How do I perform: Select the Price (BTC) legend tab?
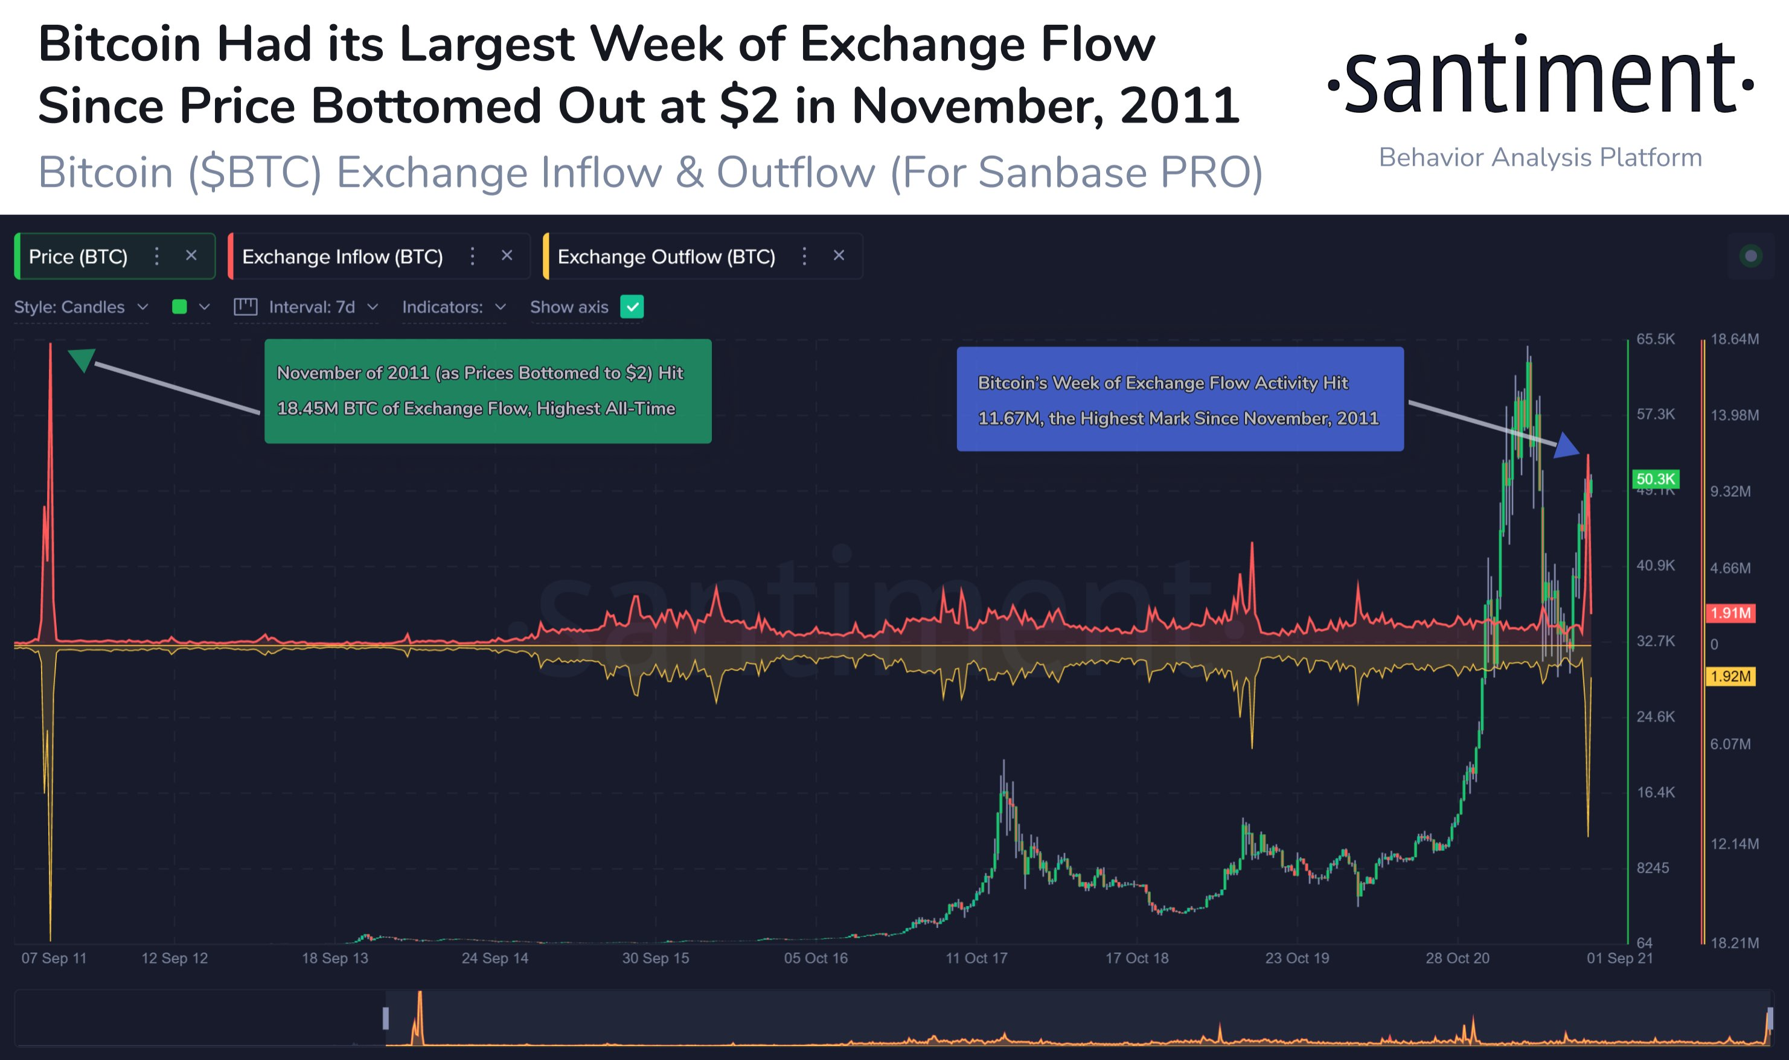[x=114, y=256]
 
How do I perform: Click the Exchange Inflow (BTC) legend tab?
[x=379, y=256]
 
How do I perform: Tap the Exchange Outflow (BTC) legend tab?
[x=702, y=256]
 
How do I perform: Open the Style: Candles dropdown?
[x=81, y=307]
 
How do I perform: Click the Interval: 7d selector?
[x=306, y=307]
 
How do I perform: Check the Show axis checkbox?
[x=632, y=307]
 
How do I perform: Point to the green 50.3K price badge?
[x=1656, y=479]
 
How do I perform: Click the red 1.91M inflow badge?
[x=1730, y=613]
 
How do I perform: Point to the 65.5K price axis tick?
[x=1656, y=339]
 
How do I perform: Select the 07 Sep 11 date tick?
[x=54, y=958]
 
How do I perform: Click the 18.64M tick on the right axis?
[x=1735, y=339]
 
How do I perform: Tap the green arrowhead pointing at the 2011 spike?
[x=82, y=359]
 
